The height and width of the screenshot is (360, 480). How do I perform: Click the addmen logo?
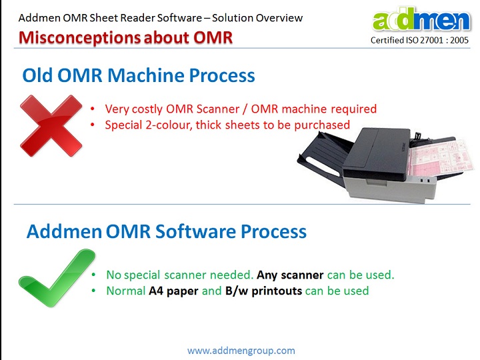(x=421, y=19)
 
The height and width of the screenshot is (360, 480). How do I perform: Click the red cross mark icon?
(x=51, y=126)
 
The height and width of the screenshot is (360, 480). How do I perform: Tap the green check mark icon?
(x=57, y=278)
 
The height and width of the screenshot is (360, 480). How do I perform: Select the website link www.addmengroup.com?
(x=241, y=350)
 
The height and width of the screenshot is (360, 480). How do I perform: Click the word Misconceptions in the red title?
(x=79, y=37)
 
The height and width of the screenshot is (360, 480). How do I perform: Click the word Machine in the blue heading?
(x=146, y=75)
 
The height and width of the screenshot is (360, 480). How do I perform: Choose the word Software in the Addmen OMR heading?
(x=195, y=231)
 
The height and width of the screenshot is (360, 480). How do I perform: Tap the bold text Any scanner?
(x=290, y=275)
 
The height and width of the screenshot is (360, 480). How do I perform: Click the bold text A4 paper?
(x=173, y=291)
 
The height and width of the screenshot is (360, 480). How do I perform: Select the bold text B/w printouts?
(x=263, y=291)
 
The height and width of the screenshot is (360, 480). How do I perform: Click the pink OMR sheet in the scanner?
(x=440, y=157)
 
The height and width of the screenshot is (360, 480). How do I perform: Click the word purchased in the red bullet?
(x=322, y=125)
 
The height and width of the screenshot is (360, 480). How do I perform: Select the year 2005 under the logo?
(x=459, y=40)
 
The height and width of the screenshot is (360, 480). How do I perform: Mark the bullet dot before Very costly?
(x=93, y=109)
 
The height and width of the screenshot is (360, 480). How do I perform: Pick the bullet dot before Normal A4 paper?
(x=94, y=291)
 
